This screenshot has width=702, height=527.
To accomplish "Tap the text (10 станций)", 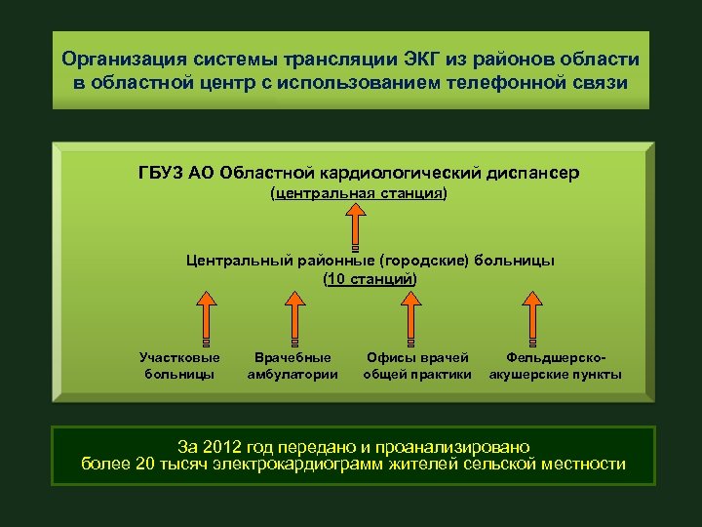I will [x=370, y=279].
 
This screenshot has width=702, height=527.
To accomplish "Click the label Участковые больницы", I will [x=179, y=366].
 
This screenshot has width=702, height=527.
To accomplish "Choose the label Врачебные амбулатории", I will [x=292, y=366].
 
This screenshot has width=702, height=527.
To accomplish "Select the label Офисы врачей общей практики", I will [x=417, y=366].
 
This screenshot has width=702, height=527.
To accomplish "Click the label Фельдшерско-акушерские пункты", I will [x=555, y=366].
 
